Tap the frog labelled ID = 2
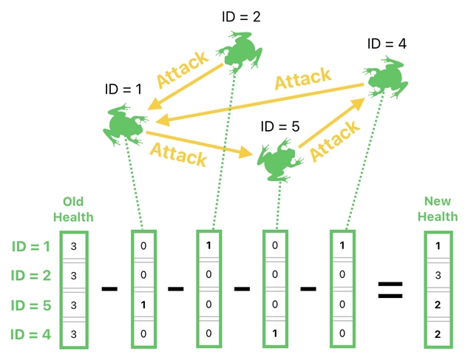237,55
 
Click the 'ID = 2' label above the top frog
240,16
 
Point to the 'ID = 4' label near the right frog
387,44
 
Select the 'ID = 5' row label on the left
30,305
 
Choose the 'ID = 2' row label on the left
30,275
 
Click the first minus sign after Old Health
109,288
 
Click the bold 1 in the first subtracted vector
144,305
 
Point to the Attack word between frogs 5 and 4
334,140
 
